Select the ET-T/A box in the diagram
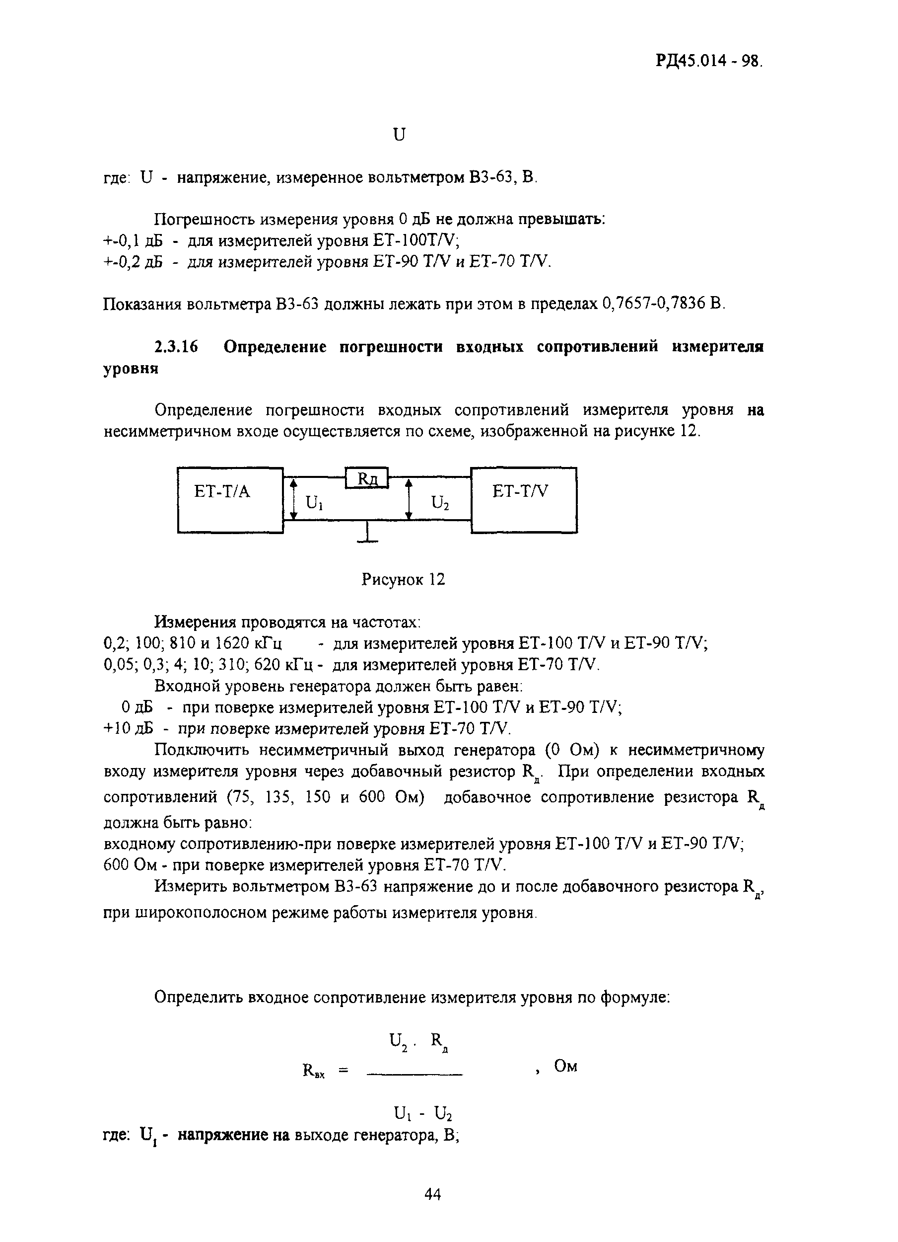coord(230,499)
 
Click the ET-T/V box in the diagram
coord(524,499)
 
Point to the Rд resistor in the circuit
coord(367,477)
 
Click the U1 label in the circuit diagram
coord(314,502)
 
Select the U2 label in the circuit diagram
coord(439,502)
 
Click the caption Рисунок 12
coord(403,579)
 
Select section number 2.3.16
coord(176,347)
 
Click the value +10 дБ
coord(129,728)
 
